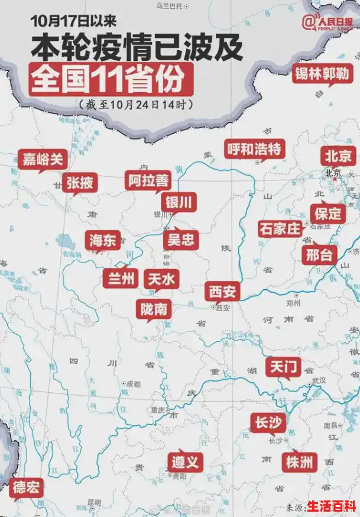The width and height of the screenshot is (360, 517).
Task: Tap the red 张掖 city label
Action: pyautogui.click(x=80, y=182)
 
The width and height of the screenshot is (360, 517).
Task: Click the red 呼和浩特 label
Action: pyautogui.click(x=254, y=148)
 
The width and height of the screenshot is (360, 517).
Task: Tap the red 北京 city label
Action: pyautogui.click(x=339, y=156)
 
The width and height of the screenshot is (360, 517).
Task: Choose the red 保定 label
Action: pyautogui.click(x=327, y=213)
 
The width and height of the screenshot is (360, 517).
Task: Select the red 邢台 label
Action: pyautogui.click(x=320, y=254)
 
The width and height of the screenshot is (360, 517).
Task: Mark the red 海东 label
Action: pyautogui.click(x=104, y=240)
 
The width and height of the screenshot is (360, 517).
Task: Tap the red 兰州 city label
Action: pyautogui.click(x=121, y=278)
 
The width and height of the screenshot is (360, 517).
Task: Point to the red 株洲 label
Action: pyautogui.click(x=299, y=461)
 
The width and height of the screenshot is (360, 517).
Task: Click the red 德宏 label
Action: pyautogui.click(x=27, y=487)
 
